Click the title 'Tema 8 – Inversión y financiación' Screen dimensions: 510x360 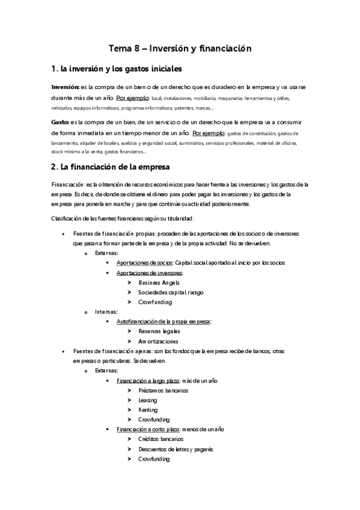coord(179,47)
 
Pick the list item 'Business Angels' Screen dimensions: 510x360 coord(159,282)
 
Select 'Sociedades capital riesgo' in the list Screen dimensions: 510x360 coord(171,292)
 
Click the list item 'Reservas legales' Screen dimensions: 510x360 coord(159,331)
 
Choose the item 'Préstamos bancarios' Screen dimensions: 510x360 coord(163,390)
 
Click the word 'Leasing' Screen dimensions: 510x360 coord(148,399)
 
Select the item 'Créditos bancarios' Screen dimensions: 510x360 coord(160,439)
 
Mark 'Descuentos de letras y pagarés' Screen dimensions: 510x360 coord(175,449)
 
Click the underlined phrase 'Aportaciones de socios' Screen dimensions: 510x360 coord(145,263)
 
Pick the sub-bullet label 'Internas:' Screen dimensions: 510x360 coord(107,312)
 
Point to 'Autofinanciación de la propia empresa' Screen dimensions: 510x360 coord(163,321)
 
